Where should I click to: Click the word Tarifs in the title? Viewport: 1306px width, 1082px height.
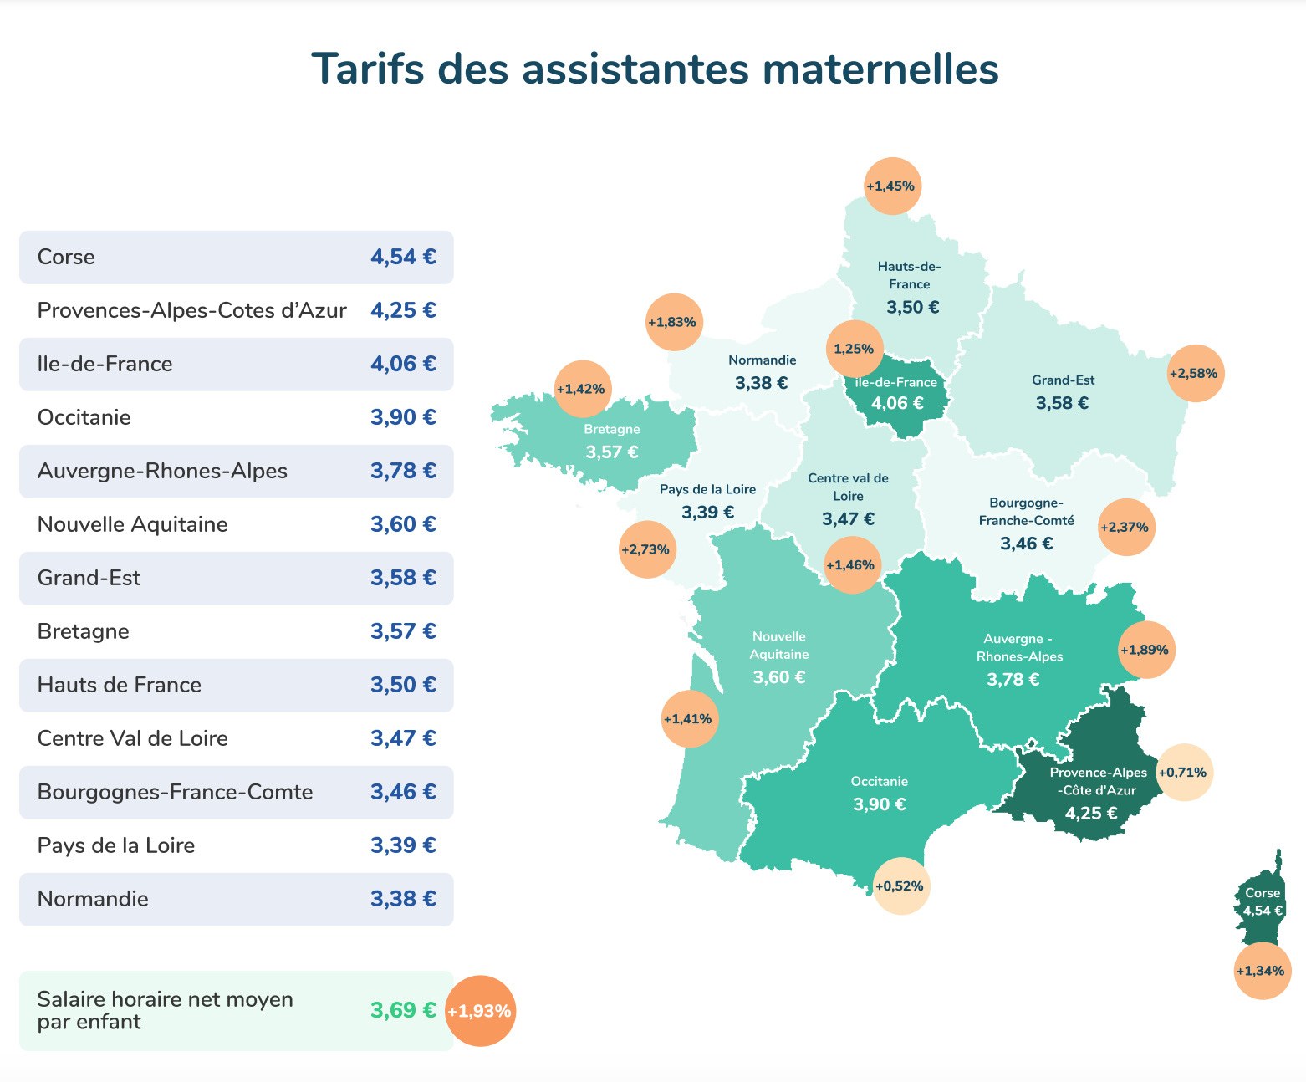[x=368, y=69]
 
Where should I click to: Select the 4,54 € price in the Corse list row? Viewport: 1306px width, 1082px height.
[x=403, y=257]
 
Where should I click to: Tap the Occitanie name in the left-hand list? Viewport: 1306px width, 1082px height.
[x=84, y=417]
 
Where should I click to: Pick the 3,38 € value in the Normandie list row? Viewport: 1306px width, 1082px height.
[x=403, y=899]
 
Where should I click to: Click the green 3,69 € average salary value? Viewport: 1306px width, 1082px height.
[x=403, y=1010]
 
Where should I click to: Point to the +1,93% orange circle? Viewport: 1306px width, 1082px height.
[x=481, y=1011]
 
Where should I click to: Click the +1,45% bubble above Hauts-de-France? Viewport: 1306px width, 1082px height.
[x=892, y=186]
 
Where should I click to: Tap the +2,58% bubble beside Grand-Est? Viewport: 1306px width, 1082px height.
[x=1196, y=374]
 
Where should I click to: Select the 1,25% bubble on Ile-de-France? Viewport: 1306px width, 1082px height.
[x=855, y=349]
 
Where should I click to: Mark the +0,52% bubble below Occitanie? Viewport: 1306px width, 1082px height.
[x=900, y=886]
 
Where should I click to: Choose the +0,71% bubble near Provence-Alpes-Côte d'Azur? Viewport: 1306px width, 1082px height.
[x=1184, y=773]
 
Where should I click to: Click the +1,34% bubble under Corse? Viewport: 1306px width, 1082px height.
[x=1263, y=971]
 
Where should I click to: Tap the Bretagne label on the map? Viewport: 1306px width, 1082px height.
[x=612, y=429]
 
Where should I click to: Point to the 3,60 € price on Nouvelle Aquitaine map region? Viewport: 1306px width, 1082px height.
[x=778, y=677]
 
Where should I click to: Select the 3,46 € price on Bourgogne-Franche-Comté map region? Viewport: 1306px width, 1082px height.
[x=1027, y=544]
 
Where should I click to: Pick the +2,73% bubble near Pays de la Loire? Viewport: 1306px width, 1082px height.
[x=647, y=549]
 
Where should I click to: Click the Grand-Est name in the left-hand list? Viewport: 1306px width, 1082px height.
[x=89, y=578]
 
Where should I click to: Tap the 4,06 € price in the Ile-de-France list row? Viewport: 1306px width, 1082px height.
[x=403, y=364]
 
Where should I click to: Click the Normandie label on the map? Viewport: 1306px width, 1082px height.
[x=762, y=360]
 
